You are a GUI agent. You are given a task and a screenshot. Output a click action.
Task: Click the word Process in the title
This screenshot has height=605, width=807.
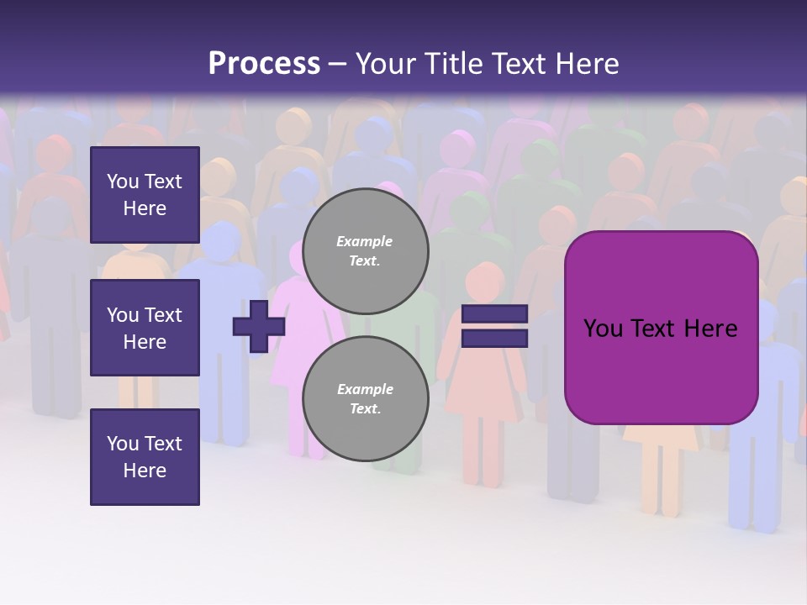coord(264,64)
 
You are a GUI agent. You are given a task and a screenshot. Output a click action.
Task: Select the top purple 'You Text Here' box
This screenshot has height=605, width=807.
coord(145,195)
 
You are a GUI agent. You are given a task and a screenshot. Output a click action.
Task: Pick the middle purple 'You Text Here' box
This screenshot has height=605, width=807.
coord(145,328)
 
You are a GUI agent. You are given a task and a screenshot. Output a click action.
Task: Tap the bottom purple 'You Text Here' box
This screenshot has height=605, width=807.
coord(145,457)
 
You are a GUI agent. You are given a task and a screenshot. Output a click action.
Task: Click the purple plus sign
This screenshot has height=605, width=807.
coord(259,326)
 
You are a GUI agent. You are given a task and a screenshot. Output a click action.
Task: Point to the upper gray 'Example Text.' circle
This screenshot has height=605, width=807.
coord(366,250)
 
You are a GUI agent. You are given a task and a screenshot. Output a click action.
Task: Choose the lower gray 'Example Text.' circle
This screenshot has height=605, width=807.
coord(366,398)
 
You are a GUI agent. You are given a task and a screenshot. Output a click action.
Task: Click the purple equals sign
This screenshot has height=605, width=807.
coord(494,326)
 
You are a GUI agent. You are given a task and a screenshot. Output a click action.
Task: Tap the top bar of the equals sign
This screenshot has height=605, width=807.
coord(494,314)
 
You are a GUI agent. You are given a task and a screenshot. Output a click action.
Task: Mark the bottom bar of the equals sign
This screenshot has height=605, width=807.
coord(494,338)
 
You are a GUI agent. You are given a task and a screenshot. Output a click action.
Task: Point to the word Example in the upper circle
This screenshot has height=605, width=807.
coord(364,241)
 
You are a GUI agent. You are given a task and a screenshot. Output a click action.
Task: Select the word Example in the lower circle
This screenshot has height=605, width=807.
coord(365,389)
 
